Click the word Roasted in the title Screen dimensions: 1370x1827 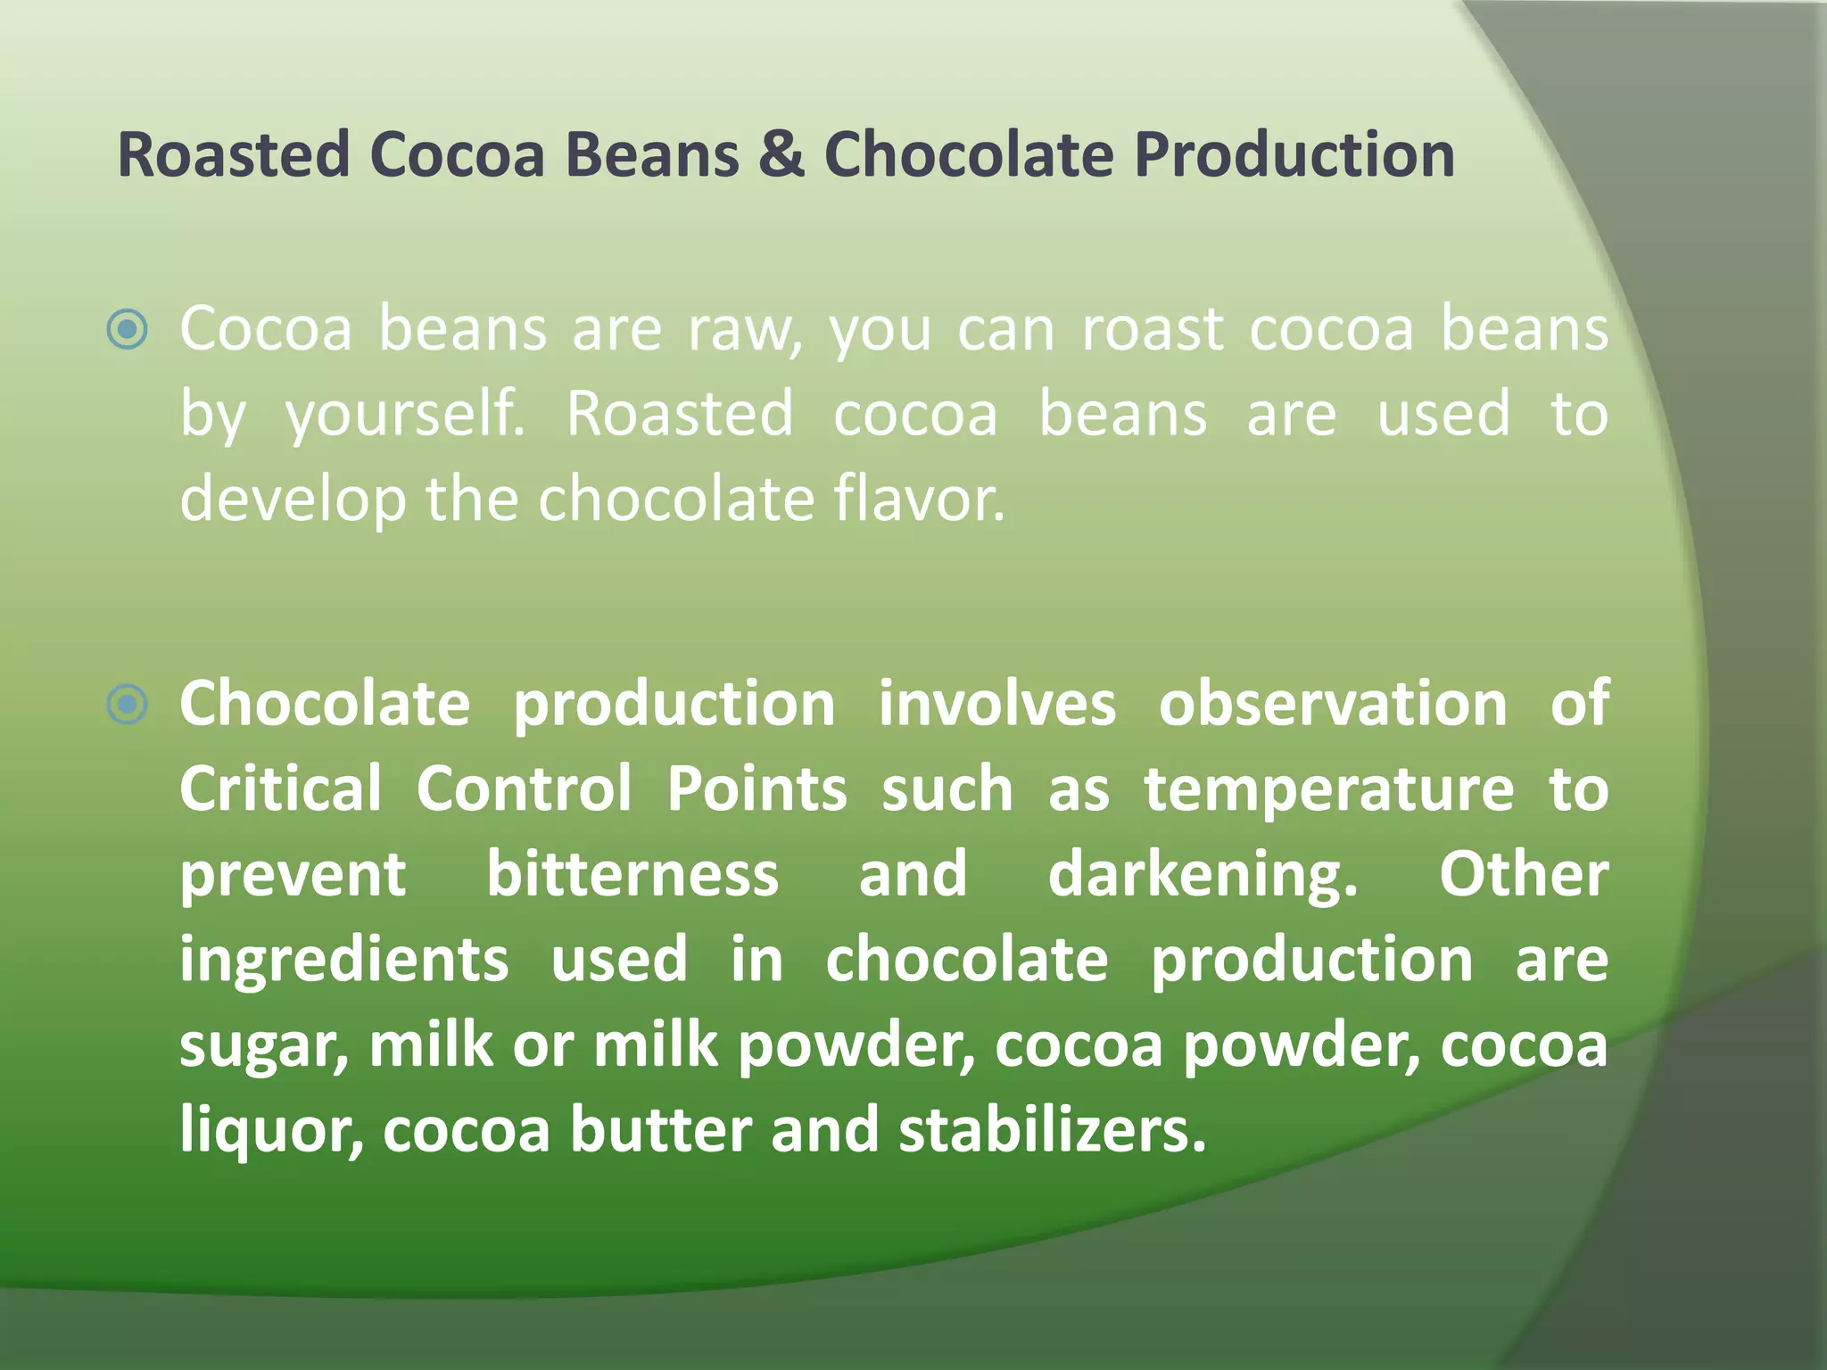point(234,155)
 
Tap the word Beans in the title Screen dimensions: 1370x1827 point(652,155)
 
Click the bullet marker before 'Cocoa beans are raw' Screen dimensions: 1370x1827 point(128,330)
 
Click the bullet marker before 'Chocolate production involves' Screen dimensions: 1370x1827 point(128,705)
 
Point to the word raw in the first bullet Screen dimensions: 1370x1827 point(745,330)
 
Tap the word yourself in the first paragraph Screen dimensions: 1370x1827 point(405,416)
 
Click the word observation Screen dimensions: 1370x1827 point(1333,705)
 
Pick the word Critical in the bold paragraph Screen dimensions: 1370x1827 point(281,789)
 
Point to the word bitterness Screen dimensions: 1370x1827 point(632,874)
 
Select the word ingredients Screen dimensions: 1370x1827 point(344,961)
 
